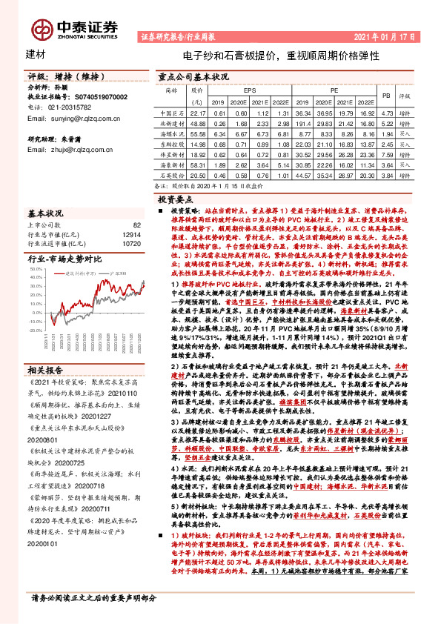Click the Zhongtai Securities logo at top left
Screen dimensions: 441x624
click(73, 27)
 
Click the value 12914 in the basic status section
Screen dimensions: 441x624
click(130, 233)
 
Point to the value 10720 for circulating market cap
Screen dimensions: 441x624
click(130, 242)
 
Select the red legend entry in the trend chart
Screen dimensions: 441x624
click(76, 273)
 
